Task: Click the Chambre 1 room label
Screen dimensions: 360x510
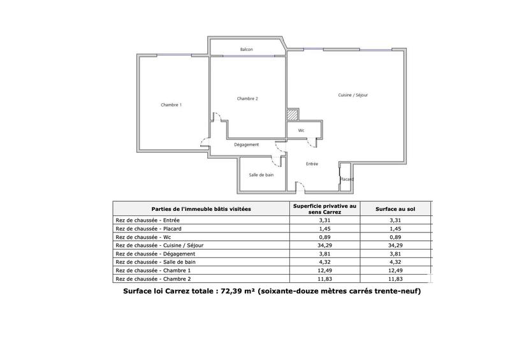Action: [171, 104]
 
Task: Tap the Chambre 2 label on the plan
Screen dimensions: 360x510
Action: [247, 98]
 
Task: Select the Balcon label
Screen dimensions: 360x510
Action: [247, 49]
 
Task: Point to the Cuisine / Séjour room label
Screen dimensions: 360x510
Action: [353, 95]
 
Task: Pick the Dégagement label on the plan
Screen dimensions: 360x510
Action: [246, 145]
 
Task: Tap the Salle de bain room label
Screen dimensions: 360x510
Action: [261, 175]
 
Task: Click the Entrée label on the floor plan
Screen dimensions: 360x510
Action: [311, 164]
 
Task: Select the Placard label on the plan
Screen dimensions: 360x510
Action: [346, 179]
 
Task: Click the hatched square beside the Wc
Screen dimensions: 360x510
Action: [292, 115]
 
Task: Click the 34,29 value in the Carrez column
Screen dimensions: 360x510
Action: [325, 245]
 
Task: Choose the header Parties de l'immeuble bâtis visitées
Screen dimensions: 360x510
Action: [201, 209]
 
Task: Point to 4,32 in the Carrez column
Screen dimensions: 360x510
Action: [325, 262]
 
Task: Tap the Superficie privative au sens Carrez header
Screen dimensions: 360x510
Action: [325, 209]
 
